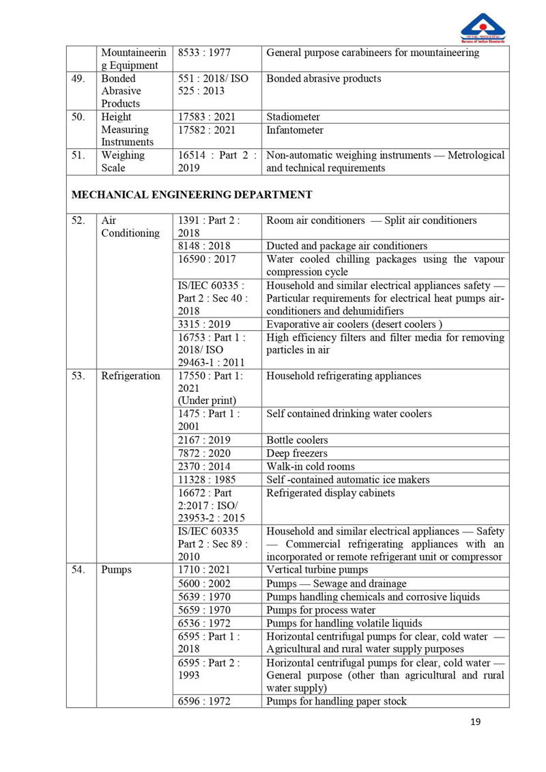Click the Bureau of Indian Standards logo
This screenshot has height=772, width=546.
(x=483, y=29)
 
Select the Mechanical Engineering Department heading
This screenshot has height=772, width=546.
(x=192, y=195)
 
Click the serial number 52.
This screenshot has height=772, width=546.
(x=79, y=220)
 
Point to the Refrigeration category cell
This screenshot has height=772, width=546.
(x=130, y=376)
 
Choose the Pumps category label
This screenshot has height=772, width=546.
(x=117, y=570)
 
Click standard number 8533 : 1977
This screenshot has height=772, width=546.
(x=204, y=53)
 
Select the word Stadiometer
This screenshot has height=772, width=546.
(x=293, y=117)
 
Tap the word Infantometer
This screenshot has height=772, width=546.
(x=295, y=130)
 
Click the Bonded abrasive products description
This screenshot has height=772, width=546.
(x=324, y=78)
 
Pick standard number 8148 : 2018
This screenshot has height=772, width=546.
(x=204, y=246)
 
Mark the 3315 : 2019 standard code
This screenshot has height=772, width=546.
(x=204, y=324)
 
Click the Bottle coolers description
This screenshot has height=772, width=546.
(x=297, y=440)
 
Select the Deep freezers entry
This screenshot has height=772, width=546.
(x=297, y=453)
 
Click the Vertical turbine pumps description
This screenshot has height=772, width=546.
(x=317, y=570)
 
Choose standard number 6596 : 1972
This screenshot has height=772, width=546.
(x=204, y=701)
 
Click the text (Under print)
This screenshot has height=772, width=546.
(x=206, y=401)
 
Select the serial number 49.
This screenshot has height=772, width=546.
(x=79, y=78)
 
